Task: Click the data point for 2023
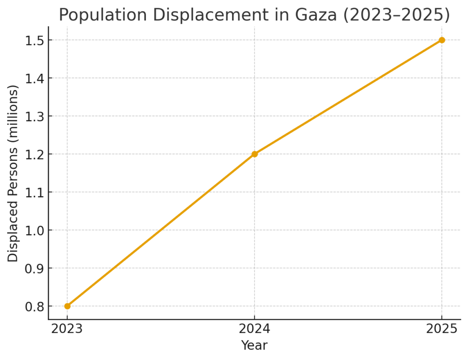(x=67, y=306)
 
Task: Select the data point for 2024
(x=255, y=154)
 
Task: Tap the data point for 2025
(x=441, y=40)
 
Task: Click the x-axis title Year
(x=254, y=346)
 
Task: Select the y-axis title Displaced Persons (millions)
(x=13, y=173)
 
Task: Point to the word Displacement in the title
(x=207, y=15)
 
